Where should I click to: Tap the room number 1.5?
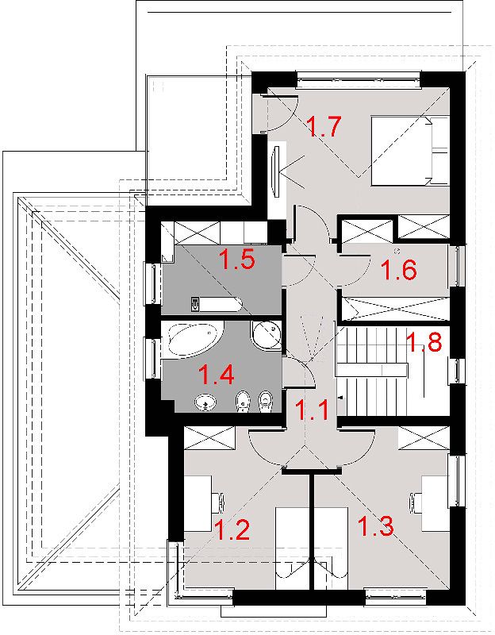236,260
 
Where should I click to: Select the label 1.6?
399,270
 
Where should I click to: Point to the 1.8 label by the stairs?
424,342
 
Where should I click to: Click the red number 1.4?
216,374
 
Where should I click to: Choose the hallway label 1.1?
311,410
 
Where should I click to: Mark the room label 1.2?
232,529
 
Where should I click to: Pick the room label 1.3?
375,525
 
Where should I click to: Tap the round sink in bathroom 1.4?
205,403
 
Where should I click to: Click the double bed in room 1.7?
410,151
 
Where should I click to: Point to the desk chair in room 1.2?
220,499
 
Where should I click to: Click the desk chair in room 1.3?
415,500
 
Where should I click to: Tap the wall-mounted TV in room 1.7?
277,171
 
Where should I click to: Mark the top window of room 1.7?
359,79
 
